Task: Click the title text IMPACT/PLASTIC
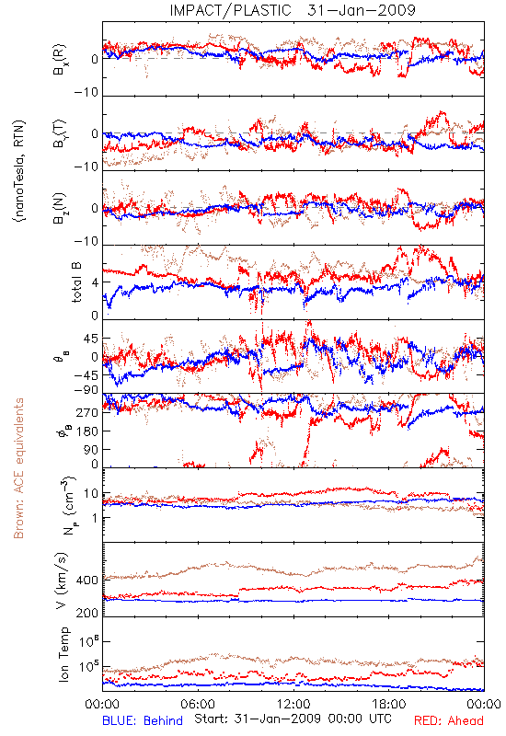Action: point(230,10)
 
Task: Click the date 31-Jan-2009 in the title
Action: point(362,10)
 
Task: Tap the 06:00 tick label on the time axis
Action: point(198,704)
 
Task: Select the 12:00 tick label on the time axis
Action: point(293,704)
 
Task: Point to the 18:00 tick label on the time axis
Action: point(389,704)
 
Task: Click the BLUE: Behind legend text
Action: point(143,721)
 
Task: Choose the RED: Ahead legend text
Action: point(449,721)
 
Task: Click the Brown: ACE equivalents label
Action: point(18,468)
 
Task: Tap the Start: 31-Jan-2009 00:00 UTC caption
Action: point(293,719)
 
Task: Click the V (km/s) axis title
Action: point(62,581)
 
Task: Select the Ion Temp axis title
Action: point(63,654)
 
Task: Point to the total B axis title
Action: point(76,282)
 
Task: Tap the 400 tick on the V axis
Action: point(87,581)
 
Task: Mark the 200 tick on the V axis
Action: point(87,613)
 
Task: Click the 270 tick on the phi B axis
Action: point(87,412)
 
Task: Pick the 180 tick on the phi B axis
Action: point(87,431)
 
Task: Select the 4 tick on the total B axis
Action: point(95,282)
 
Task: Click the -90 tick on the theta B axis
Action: point(86,390)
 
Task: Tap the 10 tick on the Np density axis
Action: point(91,494)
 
